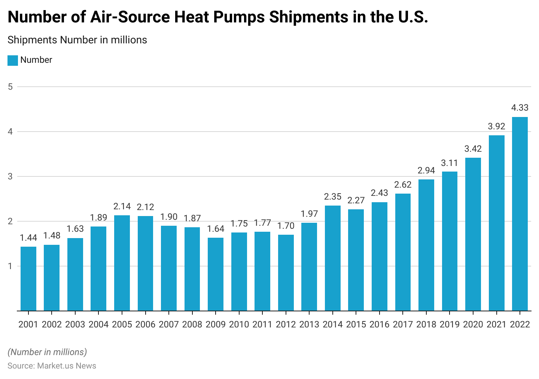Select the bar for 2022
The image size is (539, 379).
520,214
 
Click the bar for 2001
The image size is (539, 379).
28,278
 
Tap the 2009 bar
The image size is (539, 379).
216,274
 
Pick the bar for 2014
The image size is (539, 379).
332,258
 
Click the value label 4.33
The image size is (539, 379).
520,108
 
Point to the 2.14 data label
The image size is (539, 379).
122,206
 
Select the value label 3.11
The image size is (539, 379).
450,163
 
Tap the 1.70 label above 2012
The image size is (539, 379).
286,226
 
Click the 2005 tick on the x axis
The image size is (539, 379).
122,324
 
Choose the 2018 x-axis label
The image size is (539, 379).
426,324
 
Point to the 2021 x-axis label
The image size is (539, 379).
496,324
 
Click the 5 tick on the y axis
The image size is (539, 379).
10,87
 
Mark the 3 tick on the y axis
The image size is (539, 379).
10,176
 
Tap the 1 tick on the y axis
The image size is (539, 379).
10,266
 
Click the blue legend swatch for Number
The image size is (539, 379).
13,60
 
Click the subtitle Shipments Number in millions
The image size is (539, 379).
77,40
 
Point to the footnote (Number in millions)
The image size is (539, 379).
47,352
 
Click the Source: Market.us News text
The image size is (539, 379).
52,366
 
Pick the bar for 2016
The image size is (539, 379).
379,256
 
